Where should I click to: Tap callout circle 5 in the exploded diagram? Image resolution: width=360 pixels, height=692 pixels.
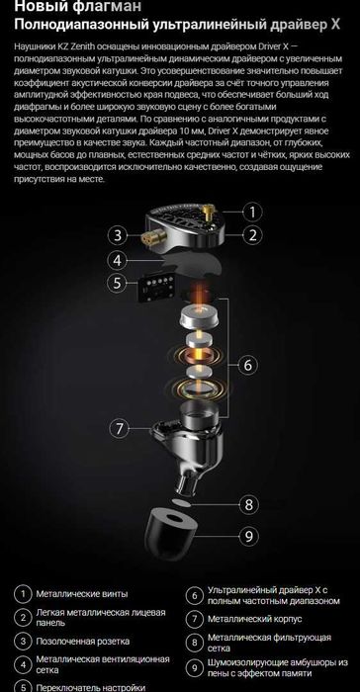(x=117, y=282)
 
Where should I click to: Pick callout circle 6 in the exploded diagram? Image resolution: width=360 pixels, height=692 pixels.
(x=251, y=364)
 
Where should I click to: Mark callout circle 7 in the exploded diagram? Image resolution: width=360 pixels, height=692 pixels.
(x=118, y=428)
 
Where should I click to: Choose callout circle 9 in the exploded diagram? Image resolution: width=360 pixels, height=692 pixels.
(x=251, y=537)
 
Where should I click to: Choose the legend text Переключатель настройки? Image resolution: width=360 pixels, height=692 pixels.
(x=88, y=685)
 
